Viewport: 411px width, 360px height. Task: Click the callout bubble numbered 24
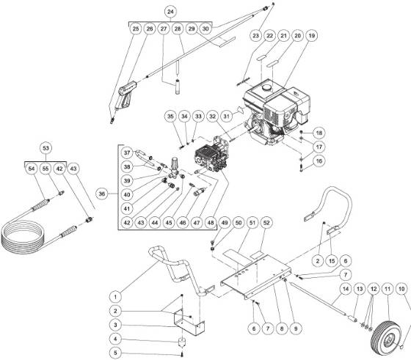pyautogui.click(x=171, y=12)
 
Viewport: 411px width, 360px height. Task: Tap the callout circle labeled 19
pyautogui.click(x=312, y=35)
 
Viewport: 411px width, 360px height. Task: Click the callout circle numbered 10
pyautogui.click(x=400, y=289)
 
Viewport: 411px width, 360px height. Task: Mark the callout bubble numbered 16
pyautogui.click(x=319, y=160)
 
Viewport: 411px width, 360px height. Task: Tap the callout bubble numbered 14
pyautogui.click(x=341, y=289)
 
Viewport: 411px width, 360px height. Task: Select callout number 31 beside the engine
pyautogui.click(x=228, y=115)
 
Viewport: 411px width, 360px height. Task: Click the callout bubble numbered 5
pyautogui.click(x=115, y=352)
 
